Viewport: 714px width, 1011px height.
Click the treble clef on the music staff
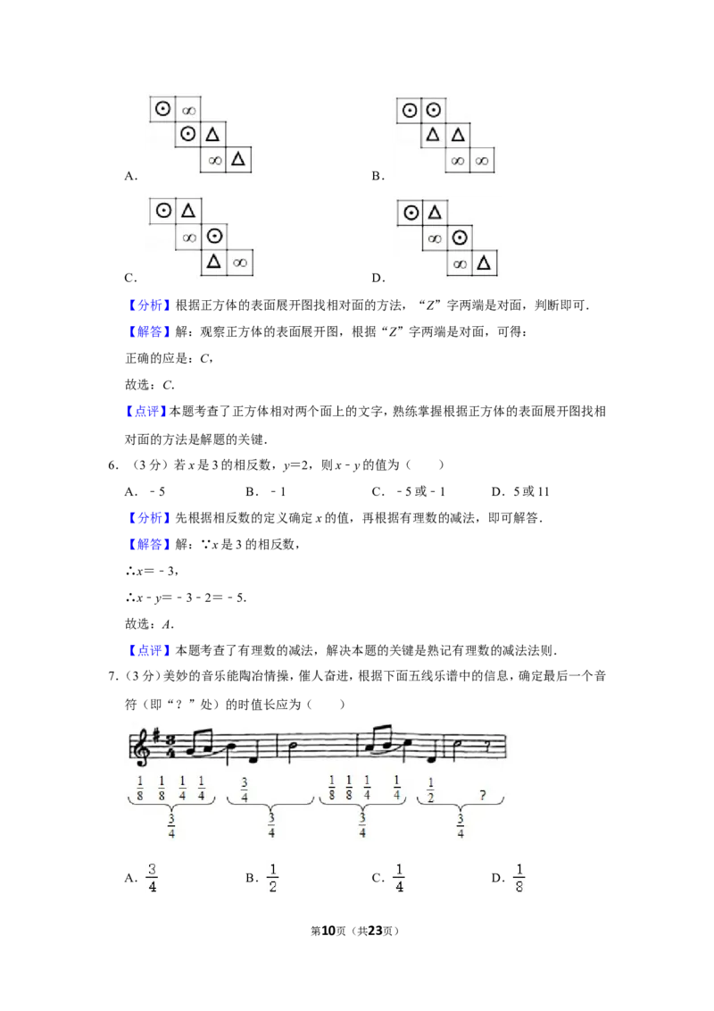[141, 745]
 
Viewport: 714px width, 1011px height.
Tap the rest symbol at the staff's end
[487, 746]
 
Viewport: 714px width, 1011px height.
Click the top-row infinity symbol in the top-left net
[188, 111]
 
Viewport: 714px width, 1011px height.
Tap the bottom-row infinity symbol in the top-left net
[214, 161]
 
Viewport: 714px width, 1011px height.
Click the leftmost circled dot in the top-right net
[410, 110]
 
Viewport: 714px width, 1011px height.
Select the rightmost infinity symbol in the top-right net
[483, 161]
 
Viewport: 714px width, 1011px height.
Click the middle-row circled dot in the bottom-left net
[213, 237]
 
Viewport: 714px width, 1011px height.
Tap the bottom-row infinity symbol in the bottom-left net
[238, 263]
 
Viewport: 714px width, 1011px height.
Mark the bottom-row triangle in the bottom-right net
[483, 263]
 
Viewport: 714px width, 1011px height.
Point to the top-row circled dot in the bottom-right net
[411, 213]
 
